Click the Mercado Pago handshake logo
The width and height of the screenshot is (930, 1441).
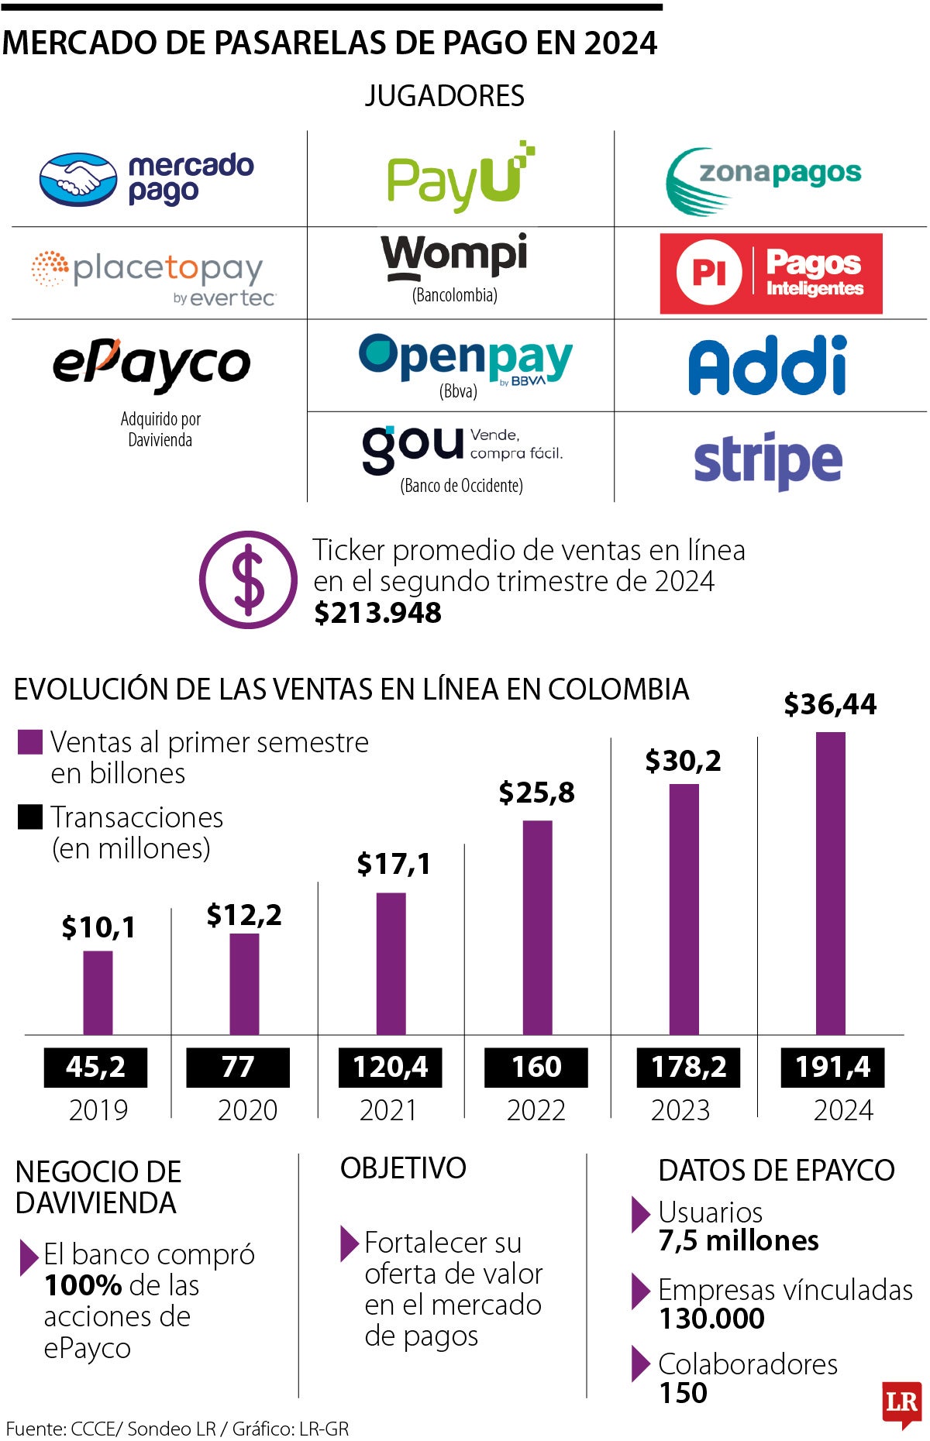(78, 179)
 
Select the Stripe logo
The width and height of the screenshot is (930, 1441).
(767, 461)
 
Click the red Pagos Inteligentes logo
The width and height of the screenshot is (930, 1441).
(770, 273)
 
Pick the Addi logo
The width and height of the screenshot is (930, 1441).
(767, 366)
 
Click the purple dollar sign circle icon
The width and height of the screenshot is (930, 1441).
(248, 579)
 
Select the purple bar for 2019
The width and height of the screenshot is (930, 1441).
(98, 992)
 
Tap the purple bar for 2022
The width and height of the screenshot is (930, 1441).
(537, 927)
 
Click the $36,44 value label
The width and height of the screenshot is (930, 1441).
(830, 705)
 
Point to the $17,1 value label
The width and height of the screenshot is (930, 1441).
(393, 864)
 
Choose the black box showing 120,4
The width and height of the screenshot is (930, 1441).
(390, 1067)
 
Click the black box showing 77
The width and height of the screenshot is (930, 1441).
(237, 1067)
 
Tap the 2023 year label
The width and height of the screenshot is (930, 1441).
(680, 1110)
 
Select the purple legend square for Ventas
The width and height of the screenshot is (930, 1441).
(29, 742)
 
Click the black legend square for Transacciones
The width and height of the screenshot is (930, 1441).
(29, 817)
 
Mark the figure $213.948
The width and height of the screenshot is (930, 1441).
(377, 613)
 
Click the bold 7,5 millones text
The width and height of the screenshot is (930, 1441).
(738, 1241)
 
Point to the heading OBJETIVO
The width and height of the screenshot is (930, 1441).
(403, 1168)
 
